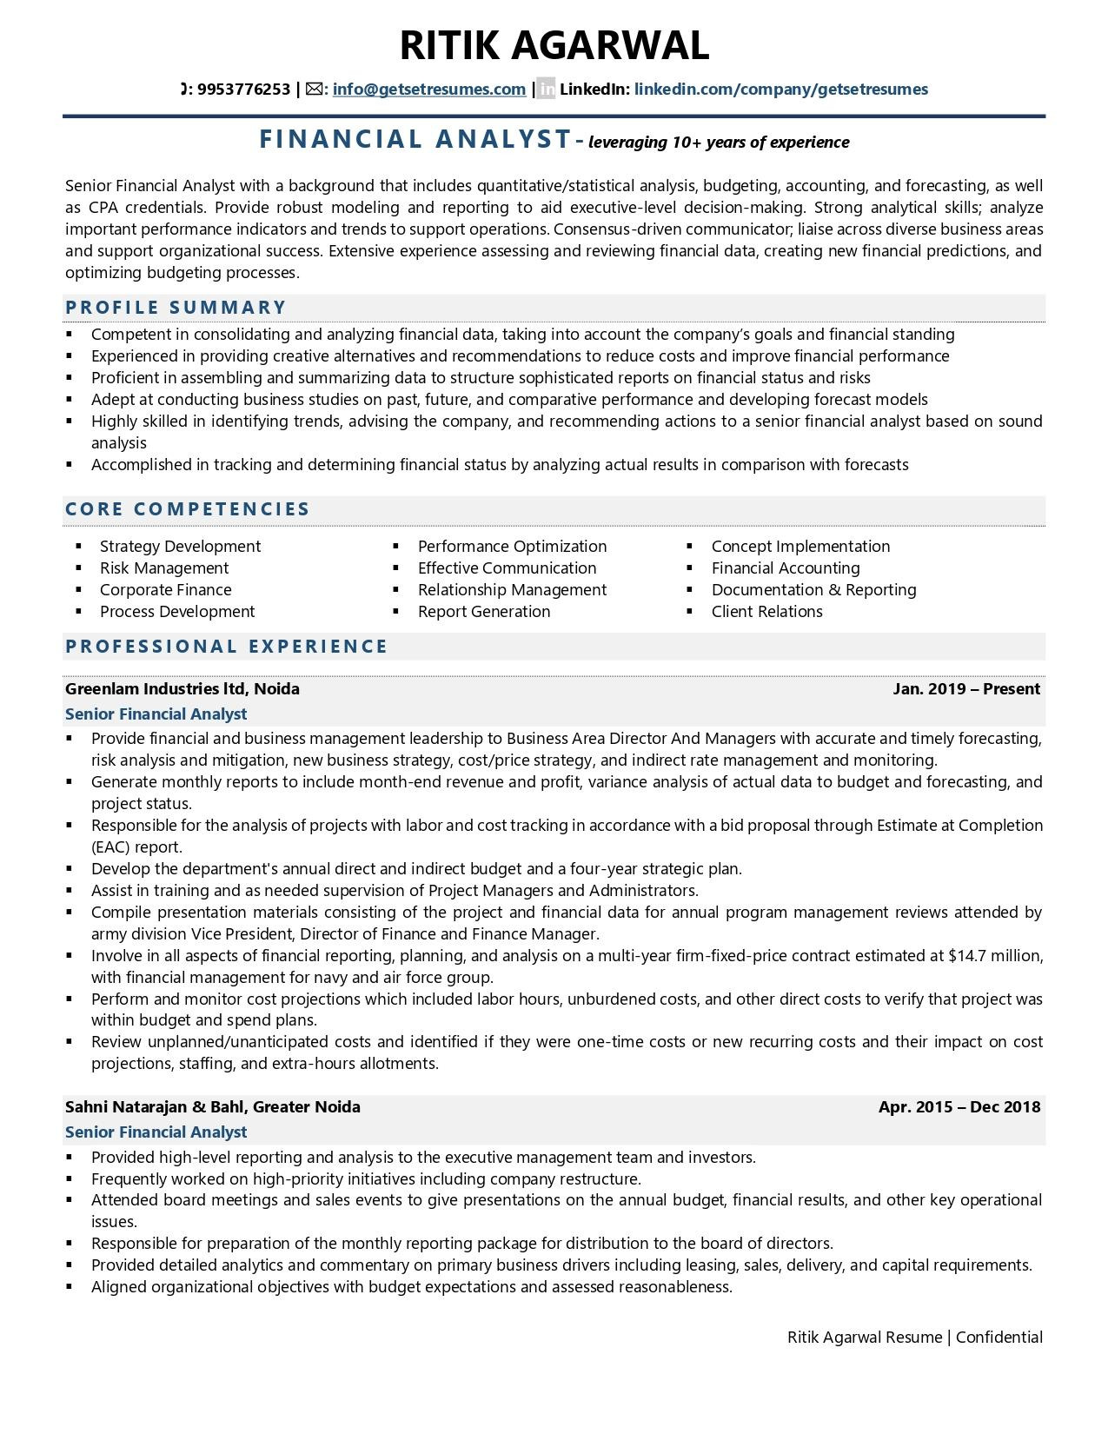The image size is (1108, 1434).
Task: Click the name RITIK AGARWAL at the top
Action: click(554, 45)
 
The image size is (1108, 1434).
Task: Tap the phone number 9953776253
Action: click(243, 90)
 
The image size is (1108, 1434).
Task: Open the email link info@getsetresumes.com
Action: click(428, 90)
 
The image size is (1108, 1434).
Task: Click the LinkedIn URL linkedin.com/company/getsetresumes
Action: click(780, 90)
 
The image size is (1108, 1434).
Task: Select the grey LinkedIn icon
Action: click(546, 89)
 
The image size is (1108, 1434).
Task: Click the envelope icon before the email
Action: click(315, 89)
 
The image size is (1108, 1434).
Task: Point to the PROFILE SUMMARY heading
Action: click(176, 308)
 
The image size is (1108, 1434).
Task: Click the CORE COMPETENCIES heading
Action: click(188, 509)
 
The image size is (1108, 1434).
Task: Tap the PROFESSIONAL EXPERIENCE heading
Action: click(226, 647)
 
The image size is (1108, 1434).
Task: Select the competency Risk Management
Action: click(164, 568)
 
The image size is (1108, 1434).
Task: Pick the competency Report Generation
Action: click(484, 612)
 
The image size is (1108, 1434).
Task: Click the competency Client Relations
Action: click(766, 612)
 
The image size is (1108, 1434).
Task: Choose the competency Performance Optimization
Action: click(512, 547)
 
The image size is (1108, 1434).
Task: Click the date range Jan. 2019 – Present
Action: click(965, 689)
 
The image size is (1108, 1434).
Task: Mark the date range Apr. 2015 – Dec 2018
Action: click(959, 1107)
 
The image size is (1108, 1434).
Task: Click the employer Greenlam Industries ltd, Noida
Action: click(182, 689)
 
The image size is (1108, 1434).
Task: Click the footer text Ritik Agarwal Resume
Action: click(864, 1338)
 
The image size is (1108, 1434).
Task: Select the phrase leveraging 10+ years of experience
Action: click(719, 143)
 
